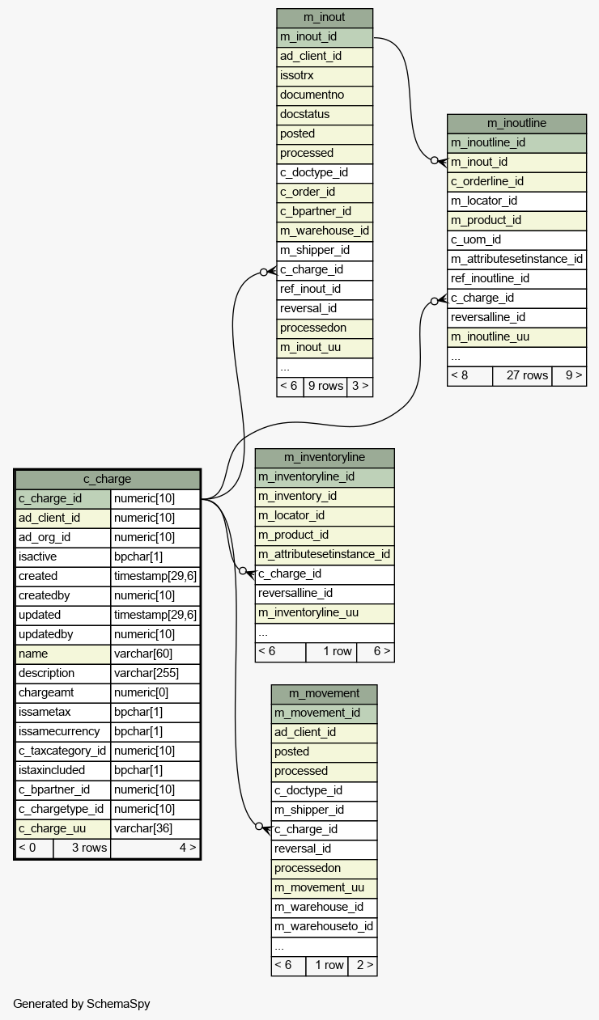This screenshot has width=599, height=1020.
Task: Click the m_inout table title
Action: (324, 18)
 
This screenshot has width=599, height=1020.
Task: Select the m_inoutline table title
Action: (516, 123)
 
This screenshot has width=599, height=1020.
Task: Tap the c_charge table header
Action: (107, 479)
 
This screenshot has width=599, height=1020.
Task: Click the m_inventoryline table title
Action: (325, 458)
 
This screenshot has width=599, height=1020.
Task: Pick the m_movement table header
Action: (324, 693)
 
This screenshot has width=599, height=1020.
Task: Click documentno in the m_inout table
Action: (312, 95)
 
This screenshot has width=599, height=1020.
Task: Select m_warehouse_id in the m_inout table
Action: (324, 231)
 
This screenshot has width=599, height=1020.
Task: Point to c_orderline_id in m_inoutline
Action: (487, 181)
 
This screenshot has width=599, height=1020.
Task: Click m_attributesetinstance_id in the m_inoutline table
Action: (516, 259)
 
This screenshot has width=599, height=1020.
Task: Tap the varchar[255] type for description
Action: (147, 673)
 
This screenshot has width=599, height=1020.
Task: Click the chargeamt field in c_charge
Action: (47, 692)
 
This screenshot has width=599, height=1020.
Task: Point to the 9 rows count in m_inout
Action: (325, 386)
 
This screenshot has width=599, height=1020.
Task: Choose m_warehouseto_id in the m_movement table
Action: (324, 926)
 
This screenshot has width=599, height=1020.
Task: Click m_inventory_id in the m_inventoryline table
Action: (298, 496)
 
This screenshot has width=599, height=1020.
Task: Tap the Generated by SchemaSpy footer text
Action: (82, 1004)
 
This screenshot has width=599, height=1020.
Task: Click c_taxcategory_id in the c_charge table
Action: (62, 751)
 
